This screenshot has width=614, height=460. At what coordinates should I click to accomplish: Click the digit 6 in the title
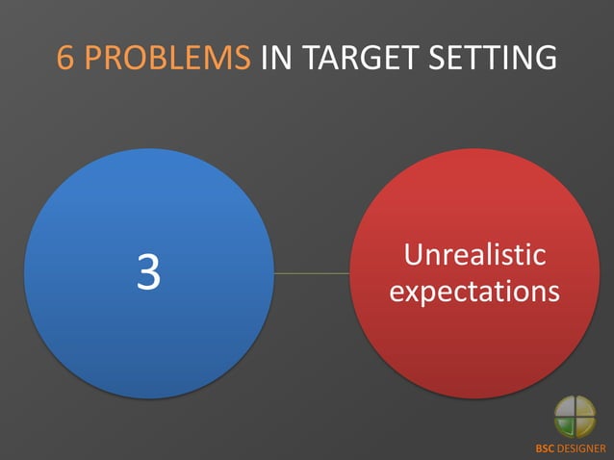(x=66, y=58)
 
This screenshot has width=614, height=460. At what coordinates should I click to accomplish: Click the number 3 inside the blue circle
(x=148, y=273)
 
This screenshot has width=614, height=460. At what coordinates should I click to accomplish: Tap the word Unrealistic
(x=474, y=255)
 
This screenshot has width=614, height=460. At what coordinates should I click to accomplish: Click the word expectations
(x=474, y=292)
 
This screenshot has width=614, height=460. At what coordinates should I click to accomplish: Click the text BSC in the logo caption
(x=545, y=448)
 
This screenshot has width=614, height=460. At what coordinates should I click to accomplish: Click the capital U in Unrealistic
(x=414, y=255)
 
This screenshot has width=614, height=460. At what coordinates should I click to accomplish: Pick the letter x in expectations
(x=413, y=292)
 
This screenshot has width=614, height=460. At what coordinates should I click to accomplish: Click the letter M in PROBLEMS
(x=217, y=58)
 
